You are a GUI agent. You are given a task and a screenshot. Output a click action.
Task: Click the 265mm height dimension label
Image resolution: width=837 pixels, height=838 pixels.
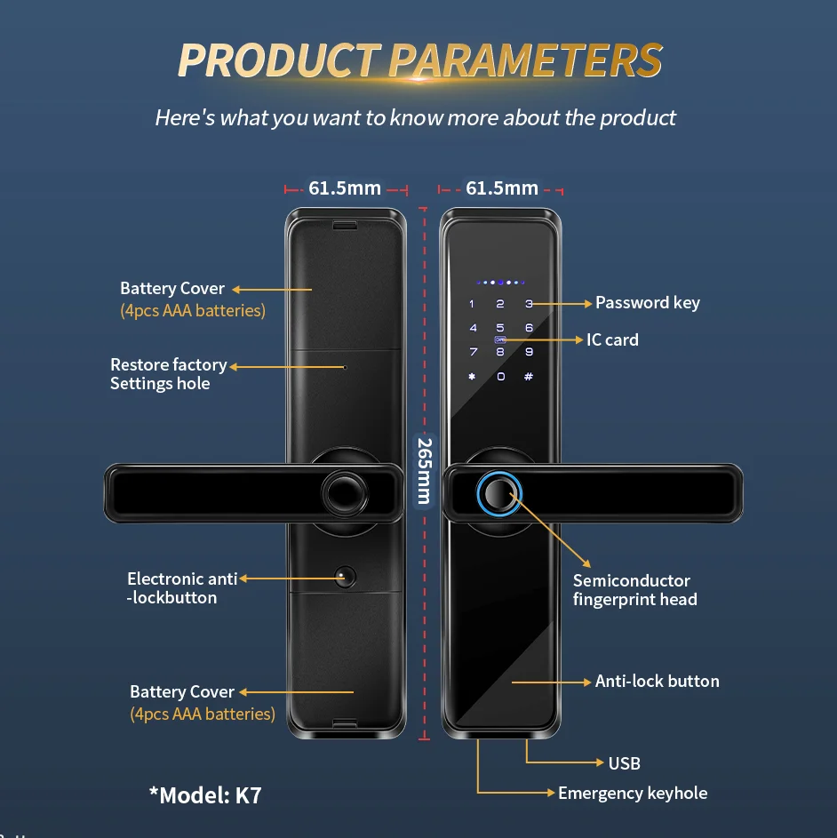click(424, 470)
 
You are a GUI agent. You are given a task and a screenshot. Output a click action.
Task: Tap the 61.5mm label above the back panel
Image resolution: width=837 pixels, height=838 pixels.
click(345, 188)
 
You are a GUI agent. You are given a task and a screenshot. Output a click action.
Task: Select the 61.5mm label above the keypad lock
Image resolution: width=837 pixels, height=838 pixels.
click(502, 188)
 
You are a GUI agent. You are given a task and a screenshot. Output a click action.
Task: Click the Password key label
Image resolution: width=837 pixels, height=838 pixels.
click(647, 303)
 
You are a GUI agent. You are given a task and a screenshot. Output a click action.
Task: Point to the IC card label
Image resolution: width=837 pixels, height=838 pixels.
click(612, 339)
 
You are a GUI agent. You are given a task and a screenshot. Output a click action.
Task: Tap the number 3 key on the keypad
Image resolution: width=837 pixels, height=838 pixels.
click(529, 304)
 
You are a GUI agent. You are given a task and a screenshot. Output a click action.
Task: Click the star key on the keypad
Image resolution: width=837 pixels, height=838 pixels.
click(472, 377)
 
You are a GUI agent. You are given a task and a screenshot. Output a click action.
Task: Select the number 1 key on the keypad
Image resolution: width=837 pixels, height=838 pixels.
click(472, 304)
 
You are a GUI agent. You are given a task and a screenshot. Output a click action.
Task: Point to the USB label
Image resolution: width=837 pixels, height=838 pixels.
click(624, 762)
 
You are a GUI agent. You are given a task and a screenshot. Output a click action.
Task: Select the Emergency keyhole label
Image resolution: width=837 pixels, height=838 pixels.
click(633, 793)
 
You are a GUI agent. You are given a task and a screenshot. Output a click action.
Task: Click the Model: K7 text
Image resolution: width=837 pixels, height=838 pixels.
click(205, 794)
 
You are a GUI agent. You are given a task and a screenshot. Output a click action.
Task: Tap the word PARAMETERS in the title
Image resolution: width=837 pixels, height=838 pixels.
click(525, 60)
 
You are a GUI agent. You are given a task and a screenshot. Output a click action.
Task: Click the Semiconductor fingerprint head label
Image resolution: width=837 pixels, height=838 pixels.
click(634, 590)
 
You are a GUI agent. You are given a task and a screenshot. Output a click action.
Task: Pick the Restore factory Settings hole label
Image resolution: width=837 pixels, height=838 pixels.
click(168, 374)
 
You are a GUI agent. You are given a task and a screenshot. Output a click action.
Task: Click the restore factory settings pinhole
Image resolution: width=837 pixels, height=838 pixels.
click(345, 365)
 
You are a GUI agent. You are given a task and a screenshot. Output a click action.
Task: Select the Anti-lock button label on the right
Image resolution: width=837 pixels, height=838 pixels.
click(657, 682)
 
